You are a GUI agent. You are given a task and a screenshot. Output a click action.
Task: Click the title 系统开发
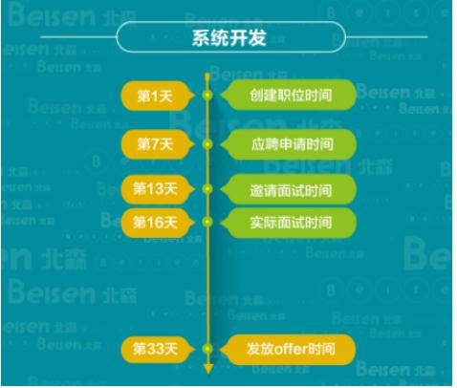click(x=228, y=37)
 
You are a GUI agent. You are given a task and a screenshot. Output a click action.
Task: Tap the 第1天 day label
click(x=158, y=96)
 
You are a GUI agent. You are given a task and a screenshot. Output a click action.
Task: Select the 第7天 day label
click(x=158, y=144)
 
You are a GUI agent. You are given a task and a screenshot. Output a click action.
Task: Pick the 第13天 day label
click(x=158, y=189)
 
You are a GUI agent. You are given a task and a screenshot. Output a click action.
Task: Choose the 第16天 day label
click(x=158, y=222)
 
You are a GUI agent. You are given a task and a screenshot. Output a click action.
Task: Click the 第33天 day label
click(x=158, y=349)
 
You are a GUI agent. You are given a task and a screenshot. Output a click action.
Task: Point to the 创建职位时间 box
click(x=288, y=95)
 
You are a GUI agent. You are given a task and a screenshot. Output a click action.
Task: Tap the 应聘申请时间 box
click(x=288, y=144)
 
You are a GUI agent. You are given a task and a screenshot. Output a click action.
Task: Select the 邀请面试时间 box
click(x=288, y=189)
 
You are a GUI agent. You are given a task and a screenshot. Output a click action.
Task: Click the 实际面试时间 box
click(x=288, y=223)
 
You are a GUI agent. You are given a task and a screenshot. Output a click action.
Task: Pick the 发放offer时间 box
click(x=288, y=350)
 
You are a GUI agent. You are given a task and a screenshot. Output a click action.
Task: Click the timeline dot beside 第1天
click(x=207, y=95)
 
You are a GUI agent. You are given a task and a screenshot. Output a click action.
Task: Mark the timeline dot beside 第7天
click(x=207, y=144)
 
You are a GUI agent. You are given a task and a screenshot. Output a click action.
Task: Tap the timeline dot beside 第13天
click(x=207, y=189)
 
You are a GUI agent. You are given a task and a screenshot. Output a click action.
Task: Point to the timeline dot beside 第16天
click(x=207, y=222)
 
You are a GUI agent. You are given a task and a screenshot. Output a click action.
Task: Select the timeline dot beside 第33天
click(x=207, y=349)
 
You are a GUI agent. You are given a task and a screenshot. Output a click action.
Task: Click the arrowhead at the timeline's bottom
click(x=208, y=370)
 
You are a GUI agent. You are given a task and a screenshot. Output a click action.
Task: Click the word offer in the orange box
click(x=290, y=349)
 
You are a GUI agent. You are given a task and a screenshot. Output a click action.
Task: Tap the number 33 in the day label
click(x=155, y=349)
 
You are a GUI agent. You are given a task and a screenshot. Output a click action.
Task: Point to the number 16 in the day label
click(x=155, y=222)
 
